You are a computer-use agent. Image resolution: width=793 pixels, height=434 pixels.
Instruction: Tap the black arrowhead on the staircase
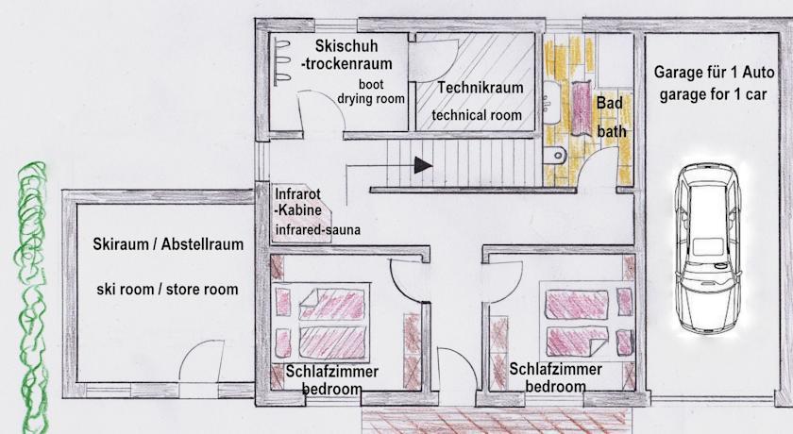pyautogui.click(x=423, y=165)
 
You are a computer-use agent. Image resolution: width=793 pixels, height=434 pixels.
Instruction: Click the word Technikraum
pyautogui.click(x=481, y=88)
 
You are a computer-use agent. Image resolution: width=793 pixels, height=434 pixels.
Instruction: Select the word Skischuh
pyautogui.click(x=346, y=45)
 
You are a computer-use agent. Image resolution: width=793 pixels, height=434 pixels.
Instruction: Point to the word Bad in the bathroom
pyautogui.click(x=610, y=103)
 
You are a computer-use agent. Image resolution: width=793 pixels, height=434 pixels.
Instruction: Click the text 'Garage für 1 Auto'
pyautogui.click(x=714, y=73)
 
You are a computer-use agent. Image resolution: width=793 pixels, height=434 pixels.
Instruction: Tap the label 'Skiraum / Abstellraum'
pyautogui.click(x=168, y=244)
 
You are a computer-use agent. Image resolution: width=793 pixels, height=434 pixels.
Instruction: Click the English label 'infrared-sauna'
pyautogui.click(x=318, y=230)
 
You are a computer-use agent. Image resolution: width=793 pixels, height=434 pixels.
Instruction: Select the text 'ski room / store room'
pyautogui.click(x=167, y=290)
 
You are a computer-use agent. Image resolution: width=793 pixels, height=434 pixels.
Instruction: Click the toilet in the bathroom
pyautogui.click(x=554, y=155)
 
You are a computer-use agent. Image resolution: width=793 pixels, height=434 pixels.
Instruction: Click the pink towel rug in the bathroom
pyautogui.click(x=582, y=108)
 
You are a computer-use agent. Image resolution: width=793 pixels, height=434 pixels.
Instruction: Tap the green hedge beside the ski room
pyautogui.click(x=33, y=298)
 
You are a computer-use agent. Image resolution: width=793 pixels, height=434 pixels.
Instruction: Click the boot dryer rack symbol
pyautogui.click(x=281, y=59)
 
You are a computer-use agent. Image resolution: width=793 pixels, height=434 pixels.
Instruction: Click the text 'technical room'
pyautogui.click(x=477, y=115)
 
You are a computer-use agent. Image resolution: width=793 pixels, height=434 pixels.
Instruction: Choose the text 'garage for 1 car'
pyautogui.click(x=713, y=94)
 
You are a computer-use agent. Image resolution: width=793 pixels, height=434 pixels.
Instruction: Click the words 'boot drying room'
pyautogui.click(x=371, y=92)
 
